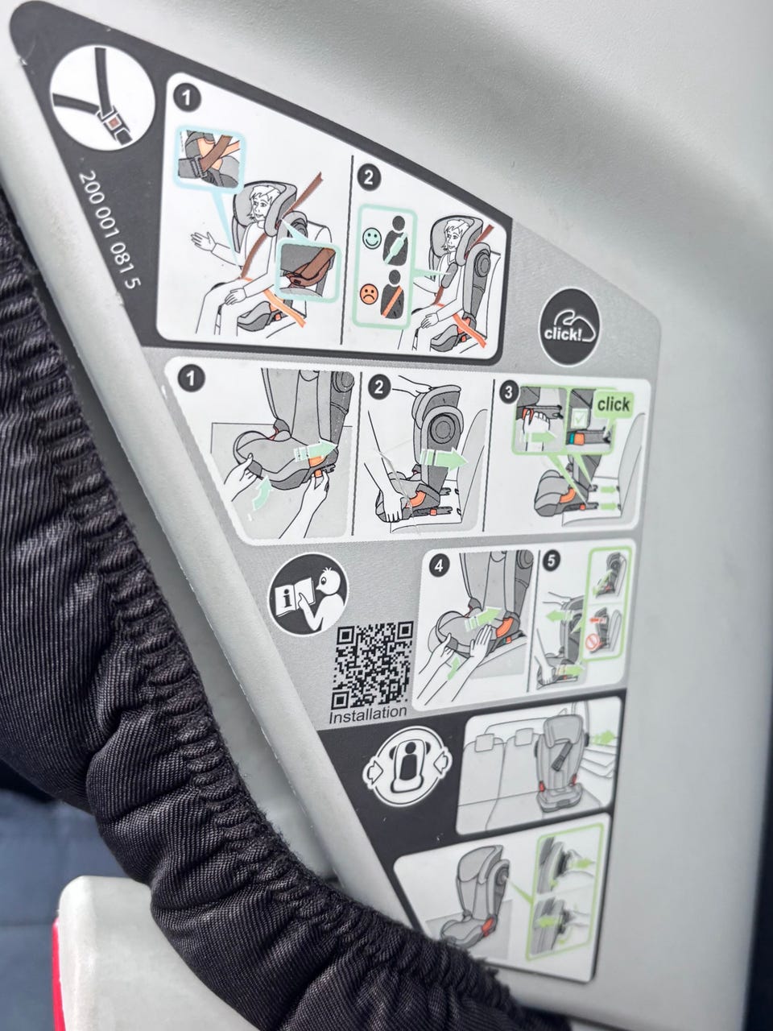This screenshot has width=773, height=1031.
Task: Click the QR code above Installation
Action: click(x=374, y=665)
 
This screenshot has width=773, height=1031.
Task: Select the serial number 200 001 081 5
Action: click(x=111, y=231)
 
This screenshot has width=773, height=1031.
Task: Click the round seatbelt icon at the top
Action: click(x=102, y=97)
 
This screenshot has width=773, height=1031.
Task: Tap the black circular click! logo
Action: click(x=568, y=327)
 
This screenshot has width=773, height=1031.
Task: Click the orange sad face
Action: click(x=369, y=295)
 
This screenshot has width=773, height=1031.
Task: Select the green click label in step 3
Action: click(x=614, y=404)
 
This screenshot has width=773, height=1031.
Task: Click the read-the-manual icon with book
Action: click(x=308, y=594)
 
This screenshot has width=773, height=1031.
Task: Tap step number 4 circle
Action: click(x=438, y=566)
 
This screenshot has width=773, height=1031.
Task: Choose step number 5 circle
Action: click(x=552, y=561)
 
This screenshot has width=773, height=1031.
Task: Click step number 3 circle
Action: click(x=508, y=393)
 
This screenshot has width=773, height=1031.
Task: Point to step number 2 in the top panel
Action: click(x=369, y=179)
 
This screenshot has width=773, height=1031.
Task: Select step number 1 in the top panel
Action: click(x=186, y=99)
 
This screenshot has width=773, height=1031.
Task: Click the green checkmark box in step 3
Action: click(x=579, y=417)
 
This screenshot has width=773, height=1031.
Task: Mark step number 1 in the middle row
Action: click(x=190, y=379)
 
